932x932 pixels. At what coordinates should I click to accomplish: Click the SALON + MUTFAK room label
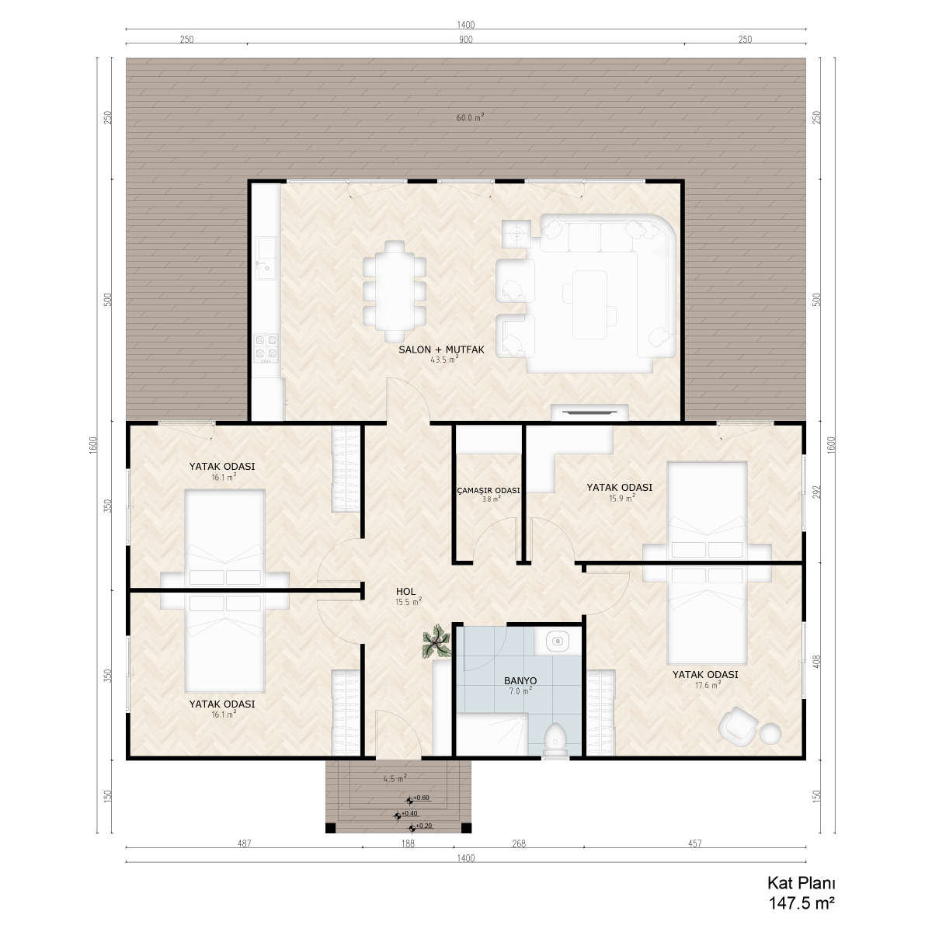(441, 349)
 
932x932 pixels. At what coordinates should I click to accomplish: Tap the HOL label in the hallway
(405, 591)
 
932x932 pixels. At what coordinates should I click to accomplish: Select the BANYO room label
(520, 680)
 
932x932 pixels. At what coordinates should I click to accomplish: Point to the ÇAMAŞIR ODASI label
(489, 490)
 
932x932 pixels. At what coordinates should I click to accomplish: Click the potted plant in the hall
(436, 642)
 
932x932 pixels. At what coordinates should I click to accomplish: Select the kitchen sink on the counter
(266, 259)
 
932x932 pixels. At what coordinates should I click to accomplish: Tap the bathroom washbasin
(558, 642)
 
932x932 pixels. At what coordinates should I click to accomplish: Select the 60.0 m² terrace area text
(470, 117)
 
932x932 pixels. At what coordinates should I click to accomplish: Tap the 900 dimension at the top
(466, 40)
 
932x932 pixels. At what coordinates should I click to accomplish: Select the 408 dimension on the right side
(817, 662)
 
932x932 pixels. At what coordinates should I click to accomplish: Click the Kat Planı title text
(802, 883)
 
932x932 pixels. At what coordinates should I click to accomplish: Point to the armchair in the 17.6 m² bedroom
(738, 723)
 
